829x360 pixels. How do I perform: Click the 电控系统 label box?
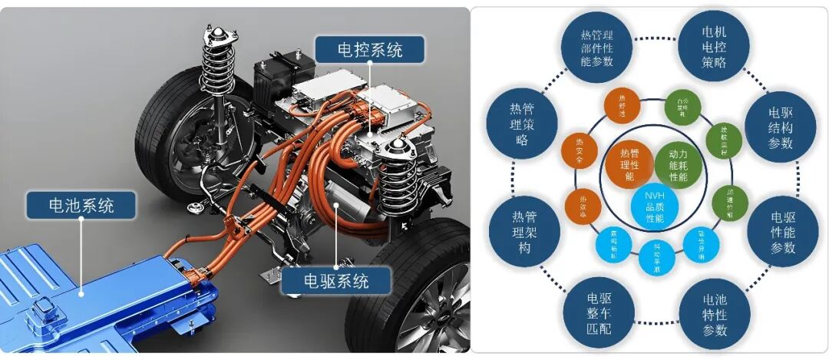click(370, 51)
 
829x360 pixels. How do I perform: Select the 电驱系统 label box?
click(337, 281)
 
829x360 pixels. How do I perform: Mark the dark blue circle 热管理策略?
click(523, 124)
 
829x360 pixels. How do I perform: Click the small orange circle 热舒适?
click(622, 106)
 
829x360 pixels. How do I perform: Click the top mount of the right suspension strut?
click(396, 144)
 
